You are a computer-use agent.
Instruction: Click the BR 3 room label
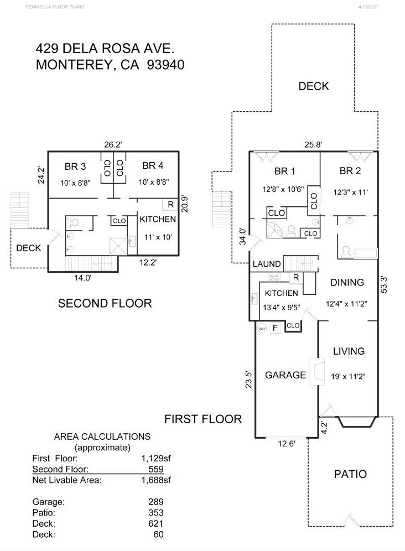(x=75, y=165)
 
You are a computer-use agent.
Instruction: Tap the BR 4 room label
(x=153, y=165)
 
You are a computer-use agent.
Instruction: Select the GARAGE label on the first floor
(x=285, y=375)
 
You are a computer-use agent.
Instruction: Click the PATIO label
(x=351, y=474)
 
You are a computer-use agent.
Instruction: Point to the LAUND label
(x=267, y=264)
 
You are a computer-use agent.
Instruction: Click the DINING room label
(x=347, y=282)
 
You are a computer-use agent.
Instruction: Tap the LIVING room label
(x=349, y=351)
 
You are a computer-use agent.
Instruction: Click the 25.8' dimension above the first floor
(x=313, y=144)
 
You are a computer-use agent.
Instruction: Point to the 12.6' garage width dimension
(x=286, y=443)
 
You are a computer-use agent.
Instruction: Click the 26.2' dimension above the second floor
(x=112, y=144)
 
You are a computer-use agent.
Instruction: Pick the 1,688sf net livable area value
(x=157, y=480)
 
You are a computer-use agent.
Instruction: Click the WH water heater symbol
(x=262, y=328)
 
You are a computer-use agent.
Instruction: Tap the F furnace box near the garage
(x=274, y=328)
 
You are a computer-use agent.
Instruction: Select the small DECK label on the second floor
(x=28, y=248)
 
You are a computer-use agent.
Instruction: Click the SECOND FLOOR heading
(x=105, y=303)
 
